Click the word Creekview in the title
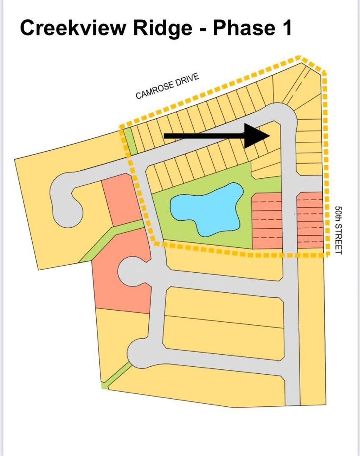[73, 27]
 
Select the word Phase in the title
[244, 27]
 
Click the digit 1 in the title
[287, 27]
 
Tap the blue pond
[206, 209]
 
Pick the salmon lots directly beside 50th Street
[310, 220]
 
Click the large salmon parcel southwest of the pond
[121, 284]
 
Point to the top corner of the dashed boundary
[300, 57]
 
